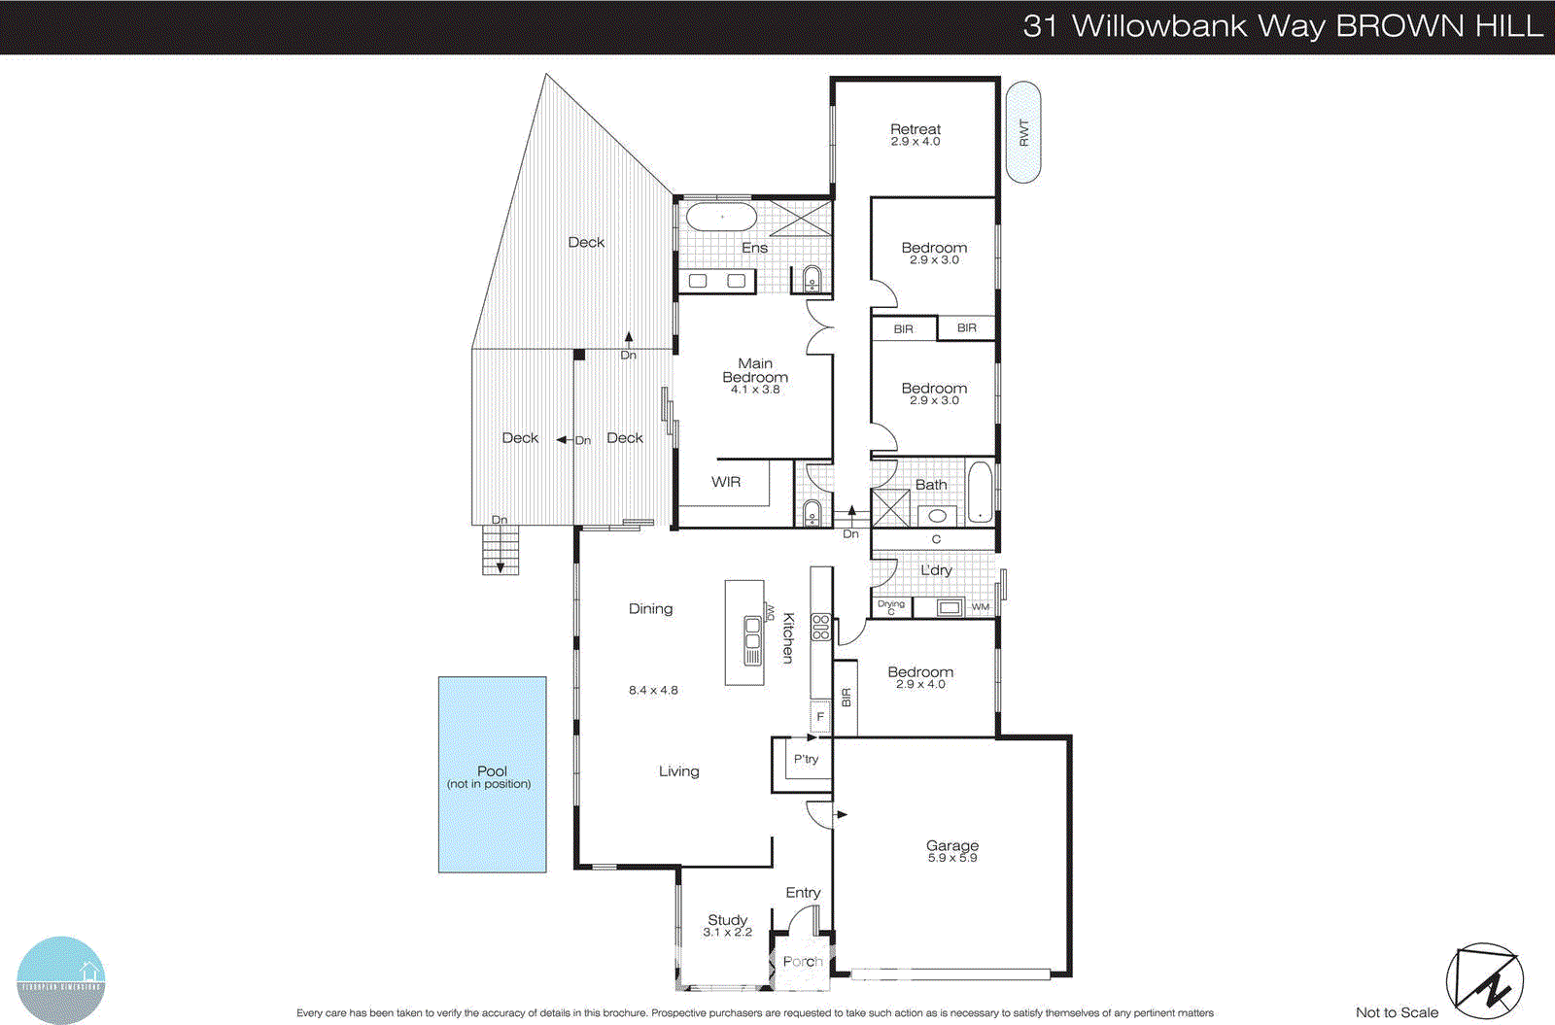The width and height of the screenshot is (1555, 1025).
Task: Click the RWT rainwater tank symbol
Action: point(1022,132)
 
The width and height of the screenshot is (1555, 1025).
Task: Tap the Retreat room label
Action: point(916,129)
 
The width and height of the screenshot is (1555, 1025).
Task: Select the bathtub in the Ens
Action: point(720,217)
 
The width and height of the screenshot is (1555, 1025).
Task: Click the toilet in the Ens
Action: point(812,280)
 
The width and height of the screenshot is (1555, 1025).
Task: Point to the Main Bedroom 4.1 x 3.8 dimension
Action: point(755,390)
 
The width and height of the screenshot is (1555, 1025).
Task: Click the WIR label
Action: point(726,482)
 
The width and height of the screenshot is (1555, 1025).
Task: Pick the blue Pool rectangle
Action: point(492,774)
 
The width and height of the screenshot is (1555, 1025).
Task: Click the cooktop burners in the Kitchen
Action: point(821,628)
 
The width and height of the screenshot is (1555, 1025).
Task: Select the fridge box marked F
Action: point(820,717)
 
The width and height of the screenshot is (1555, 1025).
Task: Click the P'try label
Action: point(806,759)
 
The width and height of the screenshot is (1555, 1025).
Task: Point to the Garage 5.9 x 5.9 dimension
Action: point(952,858)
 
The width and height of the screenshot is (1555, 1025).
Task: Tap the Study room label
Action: point(727,919)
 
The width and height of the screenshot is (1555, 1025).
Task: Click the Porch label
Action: point(803,961)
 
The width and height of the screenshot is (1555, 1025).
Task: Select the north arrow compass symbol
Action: point(1484,981)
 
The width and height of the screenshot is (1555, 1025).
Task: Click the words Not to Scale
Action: point(1397,1012)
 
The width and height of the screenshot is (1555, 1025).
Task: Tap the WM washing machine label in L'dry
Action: point(981,607)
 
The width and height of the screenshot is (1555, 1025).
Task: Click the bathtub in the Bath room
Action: point(981,493)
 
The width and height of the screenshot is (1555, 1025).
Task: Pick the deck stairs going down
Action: point(501,551)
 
